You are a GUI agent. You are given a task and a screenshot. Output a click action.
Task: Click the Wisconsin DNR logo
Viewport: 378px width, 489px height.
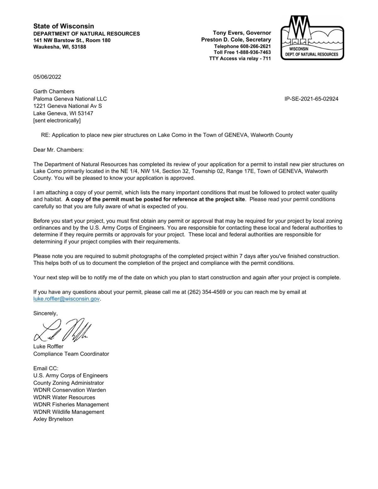coord(312,38)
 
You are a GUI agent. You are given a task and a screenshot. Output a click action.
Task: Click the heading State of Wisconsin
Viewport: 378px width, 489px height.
coord(64,26)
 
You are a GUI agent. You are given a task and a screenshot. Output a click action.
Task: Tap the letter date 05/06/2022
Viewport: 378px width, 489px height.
coord(47,77)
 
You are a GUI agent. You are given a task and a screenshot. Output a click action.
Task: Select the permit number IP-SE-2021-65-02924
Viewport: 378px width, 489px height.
coord(311,99)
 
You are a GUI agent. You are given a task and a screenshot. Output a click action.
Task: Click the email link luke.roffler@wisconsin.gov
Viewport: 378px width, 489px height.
coord(66,299)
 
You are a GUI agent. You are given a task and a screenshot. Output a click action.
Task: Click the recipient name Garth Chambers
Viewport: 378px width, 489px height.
coord(54,92)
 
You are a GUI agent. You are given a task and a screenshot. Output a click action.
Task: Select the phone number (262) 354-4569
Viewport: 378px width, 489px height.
coord(206,292)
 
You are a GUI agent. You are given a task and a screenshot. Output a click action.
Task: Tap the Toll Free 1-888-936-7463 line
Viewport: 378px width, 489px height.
coord(242,52)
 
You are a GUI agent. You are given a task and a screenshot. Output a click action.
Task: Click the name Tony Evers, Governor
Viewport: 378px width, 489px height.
coord(242,33)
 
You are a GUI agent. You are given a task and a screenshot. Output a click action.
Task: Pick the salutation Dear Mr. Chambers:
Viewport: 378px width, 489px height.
coord(58,150)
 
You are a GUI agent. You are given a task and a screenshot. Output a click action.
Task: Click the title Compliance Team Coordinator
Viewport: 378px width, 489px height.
coord(71,354)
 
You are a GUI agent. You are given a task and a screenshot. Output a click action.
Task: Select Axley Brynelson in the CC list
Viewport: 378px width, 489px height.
coord(53,419)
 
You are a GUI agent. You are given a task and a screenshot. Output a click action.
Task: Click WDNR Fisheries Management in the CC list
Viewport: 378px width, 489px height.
coord(71,404)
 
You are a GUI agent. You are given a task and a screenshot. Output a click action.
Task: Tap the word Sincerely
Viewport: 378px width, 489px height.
coord(45,313)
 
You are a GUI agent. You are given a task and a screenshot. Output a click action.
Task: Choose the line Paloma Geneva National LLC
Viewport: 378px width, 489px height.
coord(70,99)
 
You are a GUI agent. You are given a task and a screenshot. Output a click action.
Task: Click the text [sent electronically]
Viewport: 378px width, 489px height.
coord(57,121)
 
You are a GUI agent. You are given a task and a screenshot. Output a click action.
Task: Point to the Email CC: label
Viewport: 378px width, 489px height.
coord(46,368)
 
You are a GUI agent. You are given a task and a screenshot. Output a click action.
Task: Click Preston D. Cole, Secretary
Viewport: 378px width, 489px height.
coord(236,40)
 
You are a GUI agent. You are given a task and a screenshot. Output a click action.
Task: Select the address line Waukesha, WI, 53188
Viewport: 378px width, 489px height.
coord(60,47)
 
